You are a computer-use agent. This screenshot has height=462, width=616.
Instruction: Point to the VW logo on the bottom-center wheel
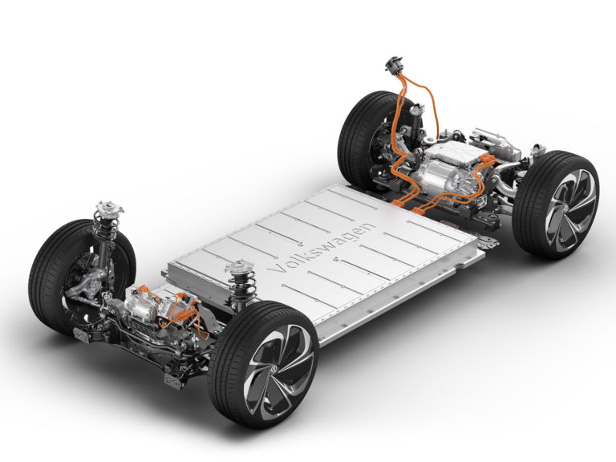coord(274,369)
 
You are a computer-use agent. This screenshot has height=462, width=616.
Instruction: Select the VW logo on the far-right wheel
coord(565,209)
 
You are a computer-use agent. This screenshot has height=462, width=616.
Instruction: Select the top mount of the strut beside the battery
coord(240,267)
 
